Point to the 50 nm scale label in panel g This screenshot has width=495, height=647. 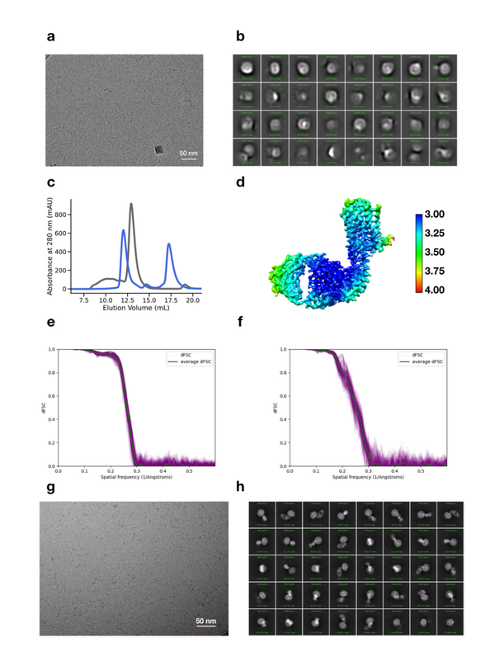coord(206,620)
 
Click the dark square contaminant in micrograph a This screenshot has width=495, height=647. coord(159,150)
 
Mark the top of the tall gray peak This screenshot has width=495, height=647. coord(131,204)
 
